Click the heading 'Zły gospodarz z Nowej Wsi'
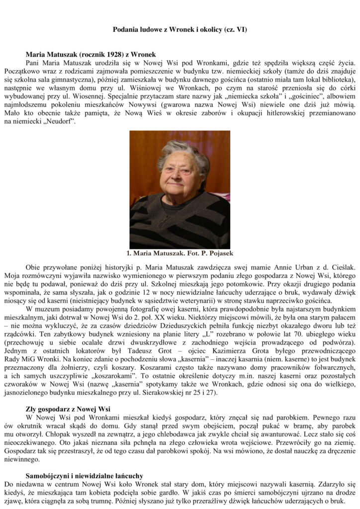pos(68,409)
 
